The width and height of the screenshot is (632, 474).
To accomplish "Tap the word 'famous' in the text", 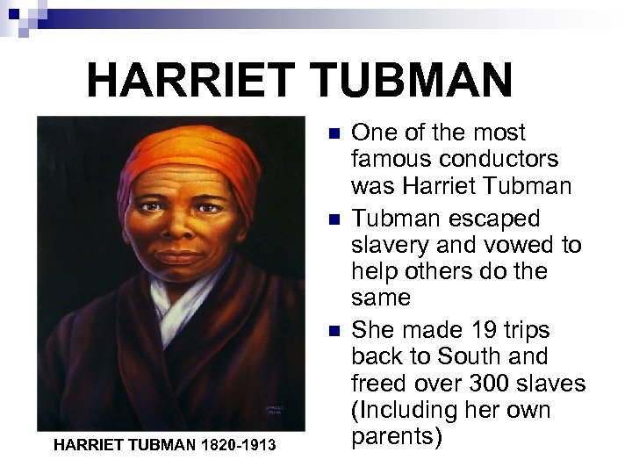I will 391,160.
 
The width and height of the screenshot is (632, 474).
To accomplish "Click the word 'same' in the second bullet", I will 380,298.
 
